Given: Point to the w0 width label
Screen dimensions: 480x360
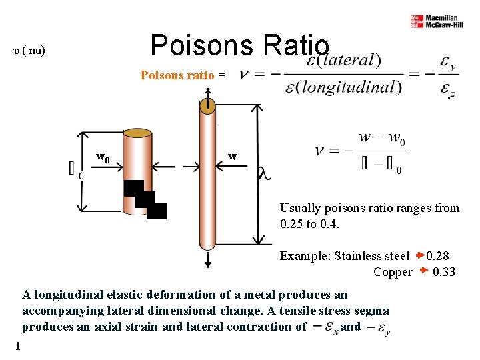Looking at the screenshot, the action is [x=103, y=158].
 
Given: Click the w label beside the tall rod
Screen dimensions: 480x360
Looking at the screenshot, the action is [x=232, y=157].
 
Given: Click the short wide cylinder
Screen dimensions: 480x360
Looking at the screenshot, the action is [x=137, y=170].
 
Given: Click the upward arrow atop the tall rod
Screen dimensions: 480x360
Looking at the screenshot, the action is [x=208, y=101].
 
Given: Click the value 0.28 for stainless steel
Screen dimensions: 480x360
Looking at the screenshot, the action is [x=437, y=256].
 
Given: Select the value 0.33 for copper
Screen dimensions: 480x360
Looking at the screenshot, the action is [x=443, y=272].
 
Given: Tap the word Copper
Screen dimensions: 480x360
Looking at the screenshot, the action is [x=393, y=272].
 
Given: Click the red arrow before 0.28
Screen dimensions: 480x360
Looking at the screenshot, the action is [x=419, y=255].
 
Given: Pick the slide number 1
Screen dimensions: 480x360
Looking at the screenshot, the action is [x=18, y=345].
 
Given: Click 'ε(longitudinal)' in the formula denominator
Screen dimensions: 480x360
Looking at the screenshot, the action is [x=339, y=87].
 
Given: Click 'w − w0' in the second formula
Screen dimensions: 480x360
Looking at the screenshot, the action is [x=381, y=138].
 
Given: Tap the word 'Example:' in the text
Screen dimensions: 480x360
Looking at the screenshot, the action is [x=303, y=256].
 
